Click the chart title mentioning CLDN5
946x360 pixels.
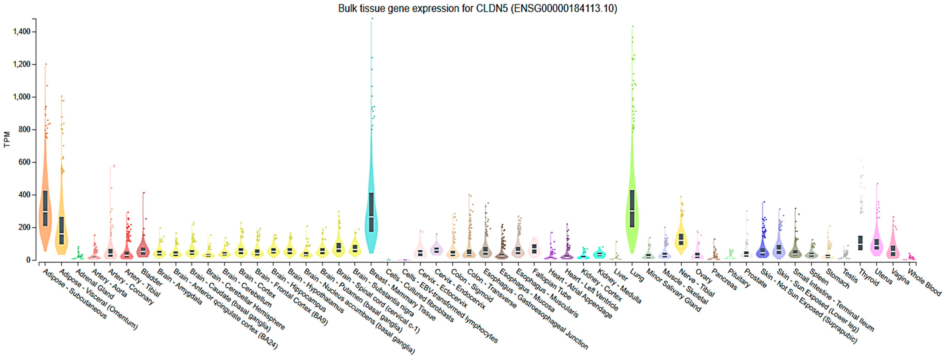coord(478,9)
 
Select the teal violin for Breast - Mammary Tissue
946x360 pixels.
coord(371,220)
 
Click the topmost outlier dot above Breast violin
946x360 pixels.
coord(372,18)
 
